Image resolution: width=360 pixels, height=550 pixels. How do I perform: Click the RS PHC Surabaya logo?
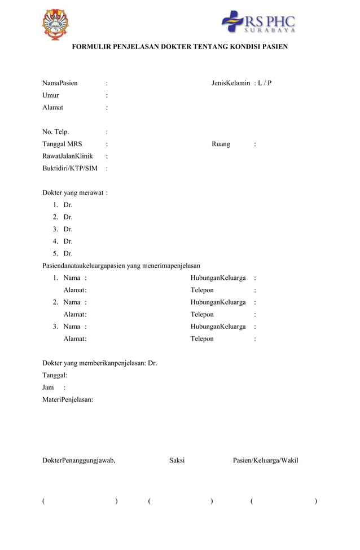tap(258, 23)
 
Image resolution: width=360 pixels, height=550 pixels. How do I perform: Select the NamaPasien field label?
tap(60, 83)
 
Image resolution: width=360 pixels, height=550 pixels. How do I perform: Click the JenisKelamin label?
tap(231, 83)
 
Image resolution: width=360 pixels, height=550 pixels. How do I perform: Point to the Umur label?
tap(51, 95)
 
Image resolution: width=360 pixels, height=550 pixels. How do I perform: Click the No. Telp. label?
tap(56, 132)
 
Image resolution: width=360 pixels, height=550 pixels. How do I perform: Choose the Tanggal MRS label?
tap(62, 144)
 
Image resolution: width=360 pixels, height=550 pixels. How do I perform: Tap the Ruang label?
tap(221, 144)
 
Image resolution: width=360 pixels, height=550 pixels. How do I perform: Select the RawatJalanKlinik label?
tap(68, 156)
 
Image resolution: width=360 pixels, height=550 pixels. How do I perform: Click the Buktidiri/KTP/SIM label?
tap(70, 168)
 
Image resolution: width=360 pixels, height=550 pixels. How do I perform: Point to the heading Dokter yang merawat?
tap(74, 193)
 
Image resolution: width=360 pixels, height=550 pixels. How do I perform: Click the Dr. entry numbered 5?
tap(68, 254)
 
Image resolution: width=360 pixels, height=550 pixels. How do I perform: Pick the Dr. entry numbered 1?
tap(68, 205)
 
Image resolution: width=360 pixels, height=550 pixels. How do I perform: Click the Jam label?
tap(48, 388)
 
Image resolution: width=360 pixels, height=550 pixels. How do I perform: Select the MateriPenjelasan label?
tap(68, 400)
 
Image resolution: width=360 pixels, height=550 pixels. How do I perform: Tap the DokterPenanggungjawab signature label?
tap(79, 461)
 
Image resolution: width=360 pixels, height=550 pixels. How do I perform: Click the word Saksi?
tap(177, 461)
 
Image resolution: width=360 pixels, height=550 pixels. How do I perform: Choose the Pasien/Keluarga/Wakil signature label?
tap(266, 461)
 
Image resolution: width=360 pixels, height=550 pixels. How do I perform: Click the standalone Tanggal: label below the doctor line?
tap(55, 375)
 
